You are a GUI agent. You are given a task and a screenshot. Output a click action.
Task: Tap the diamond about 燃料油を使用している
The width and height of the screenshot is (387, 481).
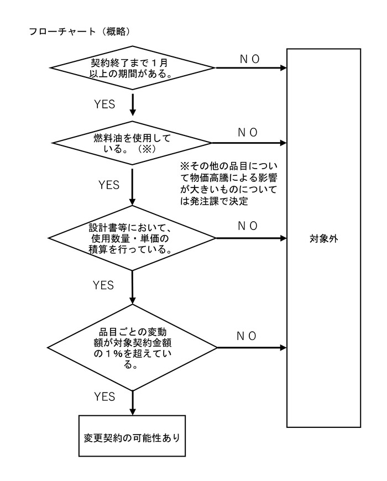click(x=133, y=143)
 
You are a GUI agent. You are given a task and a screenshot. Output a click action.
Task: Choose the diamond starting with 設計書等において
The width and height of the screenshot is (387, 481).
click(x=133, y=238)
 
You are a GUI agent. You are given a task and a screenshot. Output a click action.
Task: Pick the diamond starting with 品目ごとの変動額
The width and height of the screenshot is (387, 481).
click(x=133, y=348)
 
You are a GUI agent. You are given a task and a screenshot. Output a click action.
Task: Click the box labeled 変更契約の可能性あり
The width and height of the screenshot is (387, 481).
click(x=133, y=435)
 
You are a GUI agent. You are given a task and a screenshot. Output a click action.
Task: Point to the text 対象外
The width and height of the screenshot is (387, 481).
click(x=324, y=239)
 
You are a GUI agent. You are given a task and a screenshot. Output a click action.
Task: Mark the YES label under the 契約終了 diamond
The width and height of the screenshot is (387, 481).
click(x=104, y=104)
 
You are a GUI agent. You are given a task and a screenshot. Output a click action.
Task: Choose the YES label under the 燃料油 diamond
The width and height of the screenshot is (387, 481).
click(x=108, y=185)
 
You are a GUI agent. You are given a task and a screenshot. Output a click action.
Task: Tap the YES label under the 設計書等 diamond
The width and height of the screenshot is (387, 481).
click(x=103, y=285)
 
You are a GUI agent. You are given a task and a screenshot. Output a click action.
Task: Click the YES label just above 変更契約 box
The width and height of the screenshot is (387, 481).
click(x=104, y=396)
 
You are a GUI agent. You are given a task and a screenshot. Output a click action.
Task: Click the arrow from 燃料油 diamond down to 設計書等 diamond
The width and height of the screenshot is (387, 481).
click(x=133, y=187)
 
